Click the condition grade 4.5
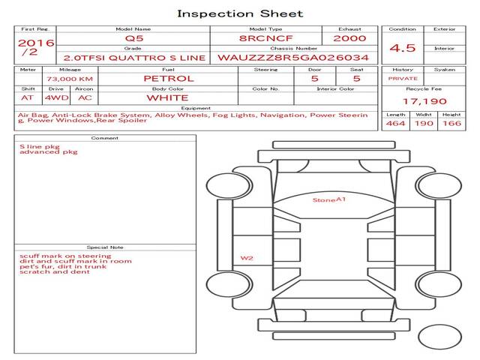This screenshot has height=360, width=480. pos(403,48)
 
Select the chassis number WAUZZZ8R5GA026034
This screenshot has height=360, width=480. pos(293,58)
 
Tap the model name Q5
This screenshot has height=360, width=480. pos(134,38)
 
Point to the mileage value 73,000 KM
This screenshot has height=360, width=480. pos(70,79)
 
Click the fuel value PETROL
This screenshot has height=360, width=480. pos(169,79)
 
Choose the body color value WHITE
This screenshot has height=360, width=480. pos(167,98)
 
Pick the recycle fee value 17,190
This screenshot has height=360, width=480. pos(424,101)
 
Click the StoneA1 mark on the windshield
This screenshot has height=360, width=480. pos(329,200)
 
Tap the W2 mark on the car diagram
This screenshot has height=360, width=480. pos(247,258)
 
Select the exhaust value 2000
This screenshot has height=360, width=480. pos(349,38)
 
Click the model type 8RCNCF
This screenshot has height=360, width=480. pos(265,38)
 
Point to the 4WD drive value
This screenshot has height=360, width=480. pos(57,98)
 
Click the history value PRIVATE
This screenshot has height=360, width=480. pos(403,79)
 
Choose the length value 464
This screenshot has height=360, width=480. pos(395,123)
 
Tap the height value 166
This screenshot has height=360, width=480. pos(451,123)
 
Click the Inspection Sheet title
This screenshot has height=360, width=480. pos(240,13)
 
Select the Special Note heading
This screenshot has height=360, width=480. pos(105,247)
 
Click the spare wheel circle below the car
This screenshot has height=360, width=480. pos(439,337)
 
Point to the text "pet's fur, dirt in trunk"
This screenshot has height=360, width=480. pos(63,267)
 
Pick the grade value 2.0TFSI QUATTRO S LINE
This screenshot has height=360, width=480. pos(134,58)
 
